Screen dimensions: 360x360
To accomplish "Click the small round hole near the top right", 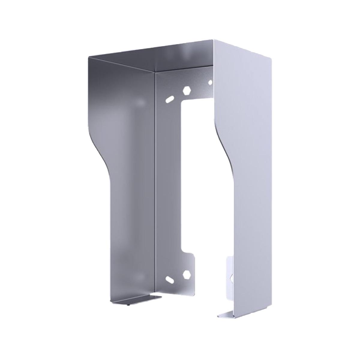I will coord(210,82).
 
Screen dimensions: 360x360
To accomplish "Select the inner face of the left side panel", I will coord(132,210).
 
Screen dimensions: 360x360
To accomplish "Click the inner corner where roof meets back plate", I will coord(155,72).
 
